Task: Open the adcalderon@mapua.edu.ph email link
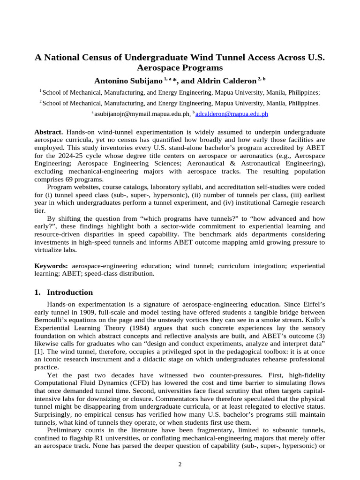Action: click(232, 113)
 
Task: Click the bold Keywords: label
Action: click(51, 266)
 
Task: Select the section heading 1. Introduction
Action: click(64, 292)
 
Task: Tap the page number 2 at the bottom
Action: click(180, 464)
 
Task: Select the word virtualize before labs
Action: click(50, 251)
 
